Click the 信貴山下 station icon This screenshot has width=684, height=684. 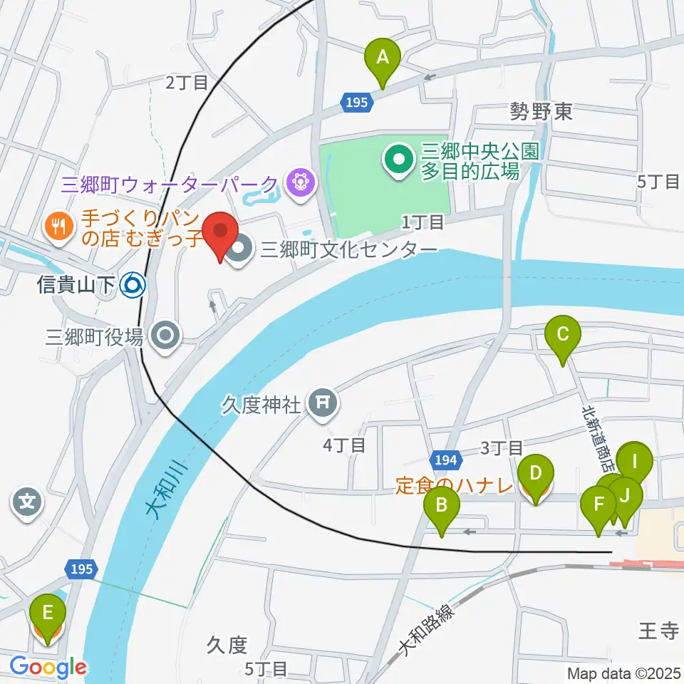pyautogui.click(x=133, y=286)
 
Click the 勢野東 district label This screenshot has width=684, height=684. pyautogui.click(x=541, y=111)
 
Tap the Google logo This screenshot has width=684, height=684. pyautogui.click(x=48, y=667)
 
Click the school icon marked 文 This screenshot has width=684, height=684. pyautogui.click(x=27, y=504)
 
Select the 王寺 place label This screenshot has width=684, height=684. pyautogui.click(x=657, y=631)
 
